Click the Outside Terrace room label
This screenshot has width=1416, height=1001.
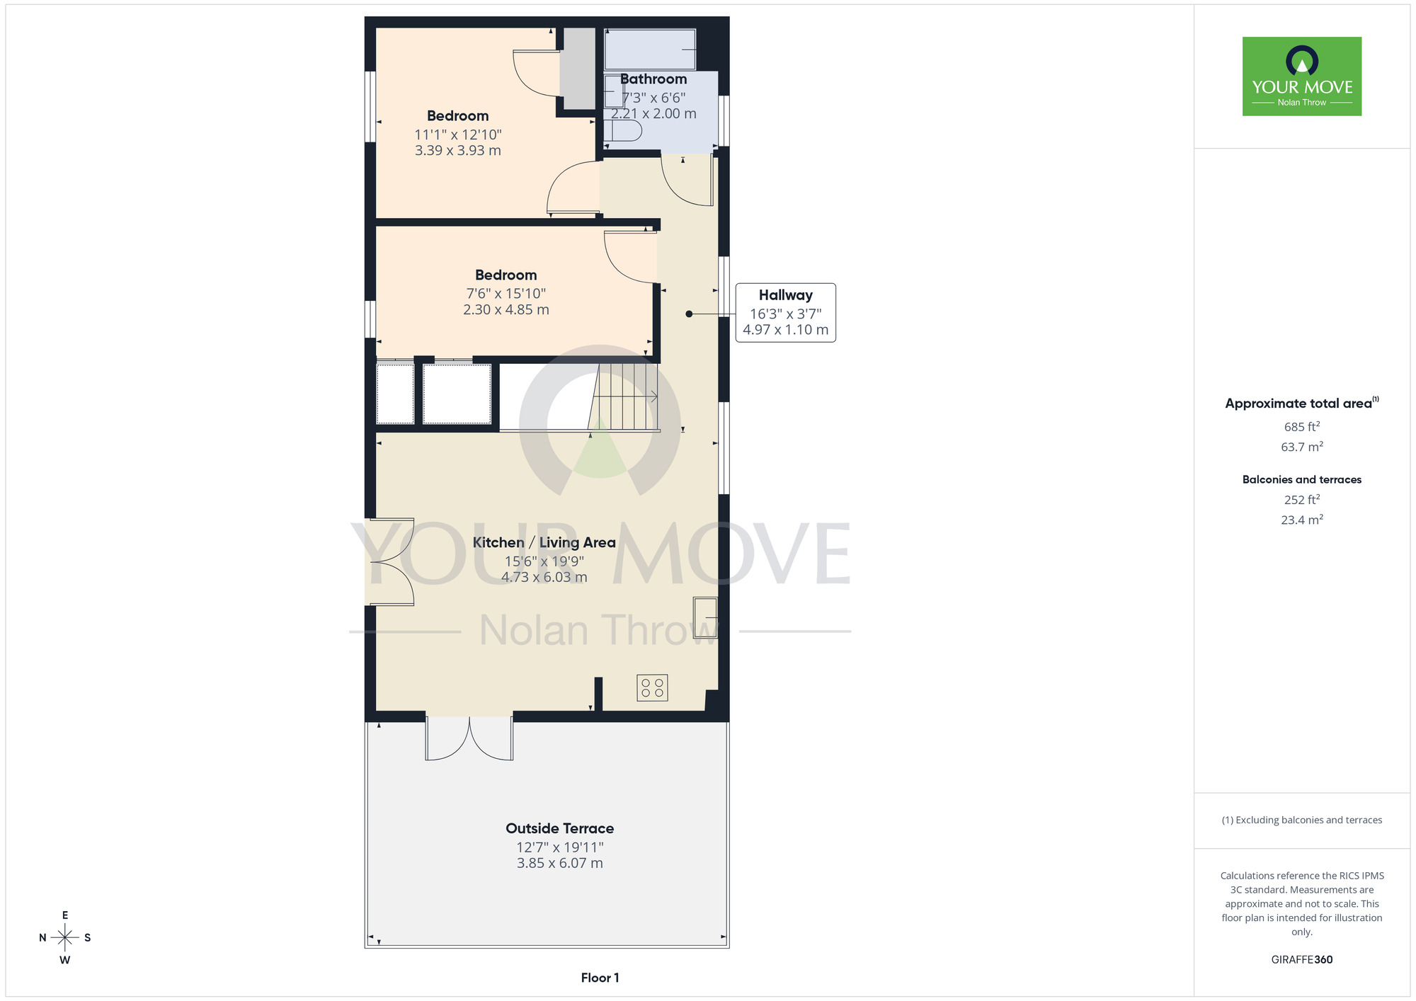(x=559, y=828)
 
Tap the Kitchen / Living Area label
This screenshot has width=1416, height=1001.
(x=544, y=542)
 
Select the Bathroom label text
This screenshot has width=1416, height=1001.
(x=653, y=79)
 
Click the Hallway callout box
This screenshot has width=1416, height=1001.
(x=785, y=313)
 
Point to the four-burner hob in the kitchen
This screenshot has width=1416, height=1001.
(x=652, y=687)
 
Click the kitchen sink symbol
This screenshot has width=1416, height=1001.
(x=705, y=617)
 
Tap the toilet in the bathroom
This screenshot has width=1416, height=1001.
(x=623, y=130)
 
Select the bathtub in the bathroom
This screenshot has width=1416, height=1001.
(x=650, y=50)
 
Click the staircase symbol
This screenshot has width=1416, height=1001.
(x=624, y=396)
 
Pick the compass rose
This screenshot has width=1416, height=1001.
(x=65, y=938)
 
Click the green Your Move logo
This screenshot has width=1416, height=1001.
(x=1302, y=76)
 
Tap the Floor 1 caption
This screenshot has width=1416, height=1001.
(x=600, y=978)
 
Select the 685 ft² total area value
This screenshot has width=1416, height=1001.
(x=1302, y=426)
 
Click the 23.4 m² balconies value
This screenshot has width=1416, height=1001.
(x=1302, y=519)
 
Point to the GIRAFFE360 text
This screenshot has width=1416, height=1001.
(x=1302, y=960)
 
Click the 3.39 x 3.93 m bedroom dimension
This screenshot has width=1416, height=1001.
(x=458, y=150)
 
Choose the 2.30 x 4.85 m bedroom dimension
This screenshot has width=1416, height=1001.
(x=506, y=309)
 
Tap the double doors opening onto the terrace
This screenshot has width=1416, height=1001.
(x=469, y=738)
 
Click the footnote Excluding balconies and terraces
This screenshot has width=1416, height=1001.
(x=1302, y=820)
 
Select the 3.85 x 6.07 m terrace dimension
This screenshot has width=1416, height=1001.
(x=560, y=863)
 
